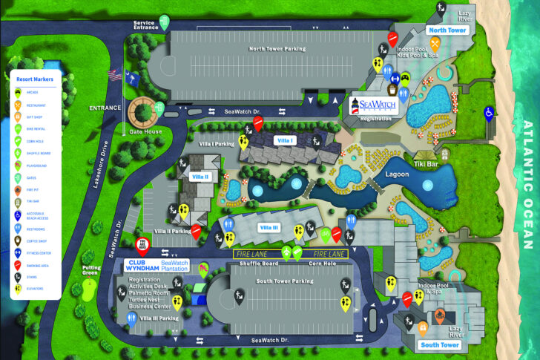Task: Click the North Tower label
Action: pos(447,30)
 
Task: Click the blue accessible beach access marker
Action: pos(489,114)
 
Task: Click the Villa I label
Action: pos(285,140)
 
